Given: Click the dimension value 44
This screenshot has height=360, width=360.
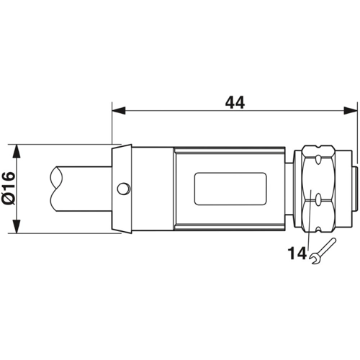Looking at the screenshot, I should (x=235, y=102).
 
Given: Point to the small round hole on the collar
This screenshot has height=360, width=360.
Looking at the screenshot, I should (x=125, y=189).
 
